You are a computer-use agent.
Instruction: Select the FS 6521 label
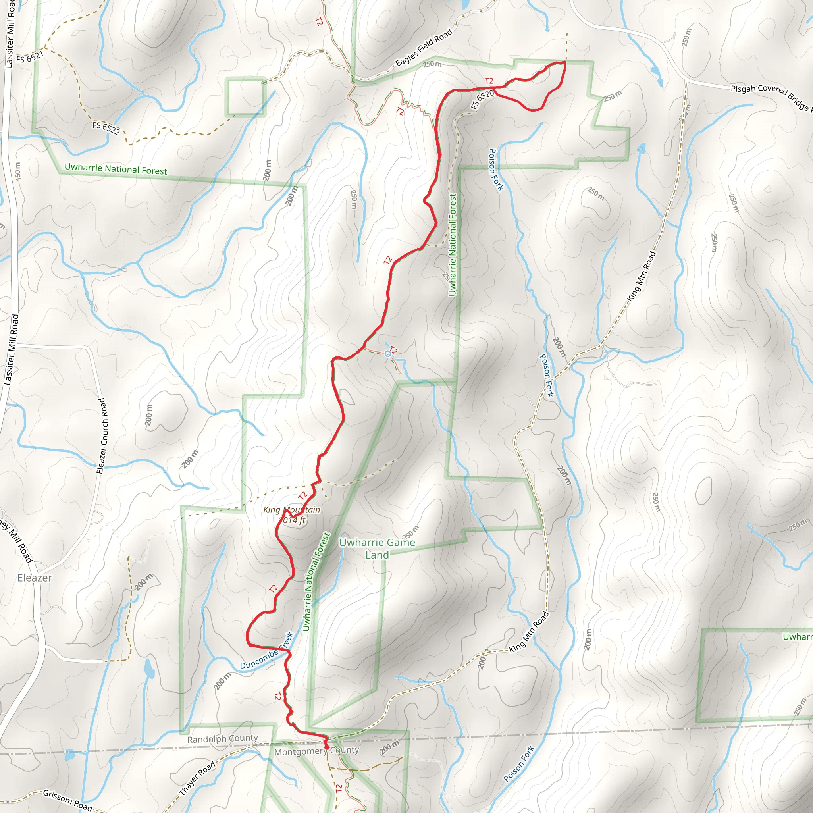coord(29,56)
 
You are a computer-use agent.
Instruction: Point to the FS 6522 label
coord(106,128)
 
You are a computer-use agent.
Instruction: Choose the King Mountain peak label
coord(292,514)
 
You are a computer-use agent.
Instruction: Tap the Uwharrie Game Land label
coord(377,549)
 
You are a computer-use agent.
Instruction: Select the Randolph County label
coord(222,739)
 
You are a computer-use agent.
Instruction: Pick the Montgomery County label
coord(316,751)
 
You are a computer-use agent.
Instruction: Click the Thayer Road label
coord(197,779)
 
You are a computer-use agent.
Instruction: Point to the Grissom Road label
coord(67,800)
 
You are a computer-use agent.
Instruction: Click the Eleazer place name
coord(35,578)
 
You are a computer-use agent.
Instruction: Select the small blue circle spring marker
coord(387,353)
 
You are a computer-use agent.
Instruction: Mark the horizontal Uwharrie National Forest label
coord(116,169)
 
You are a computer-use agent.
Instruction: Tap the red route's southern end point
coord(327,747)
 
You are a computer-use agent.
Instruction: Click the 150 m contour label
coord(17,171)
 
